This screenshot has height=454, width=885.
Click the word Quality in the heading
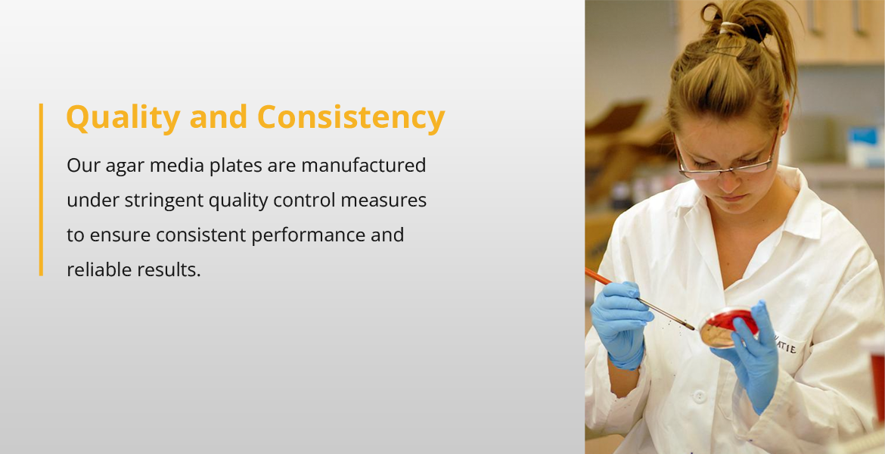123,118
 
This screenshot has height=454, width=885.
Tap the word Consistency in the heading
351,118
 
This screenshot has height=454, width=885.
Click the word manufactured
364,166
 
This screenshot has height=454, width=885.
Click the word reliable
99,270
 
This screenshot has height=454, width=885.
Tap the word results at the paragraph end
169,270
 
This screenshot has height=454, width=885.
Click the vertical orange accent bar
41,190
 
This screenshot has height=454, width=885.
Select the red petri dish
728,327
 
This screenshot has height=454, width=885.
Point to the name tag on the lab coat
785,344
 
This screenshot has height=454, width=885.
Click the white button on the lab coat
700,396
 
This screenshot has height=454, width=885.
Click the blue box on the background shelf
864,146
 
